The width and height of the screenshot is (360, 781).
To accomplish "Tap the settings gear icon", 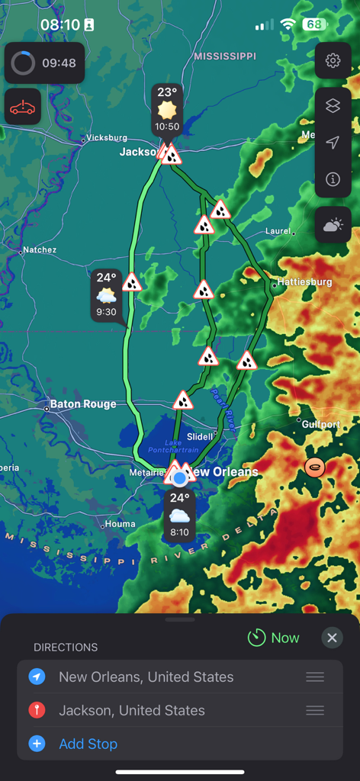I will pos(333,61).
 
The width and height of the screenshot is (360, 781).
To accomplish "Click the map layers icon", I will pos(333,106).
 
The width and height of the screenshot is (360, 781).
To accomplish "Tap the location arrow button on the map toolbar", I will pos(333,143).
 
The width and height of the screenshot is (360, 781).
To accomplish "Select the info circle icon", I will pos(333,179).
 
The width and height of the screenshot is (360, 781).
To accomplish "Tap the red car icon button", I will pos(23,108).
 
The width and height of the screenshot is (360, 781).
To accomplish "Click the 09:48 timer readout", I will pos(59,63).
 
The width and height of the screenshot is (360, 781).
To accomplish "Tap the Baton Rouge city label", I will pos(82,404).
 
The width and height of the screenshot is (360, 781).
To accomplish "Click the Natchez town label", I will pos(40,249).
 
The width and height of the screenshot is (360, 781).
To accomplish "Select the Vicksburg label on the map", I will pos(107,138).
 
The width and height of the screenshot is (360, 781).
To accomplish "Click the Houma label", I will pos(121,524).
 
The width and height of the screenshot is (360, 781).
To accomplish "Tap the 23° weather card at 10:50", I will pos(167,109).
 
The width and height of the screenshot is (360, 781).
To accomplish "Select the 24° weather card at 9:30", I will pos(107,294).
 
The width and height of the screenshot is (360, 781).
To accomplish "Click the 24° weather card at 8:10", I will pos(179,515).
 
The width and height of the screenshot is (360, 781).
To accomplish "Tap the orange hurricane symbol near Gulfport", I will pos(314,466).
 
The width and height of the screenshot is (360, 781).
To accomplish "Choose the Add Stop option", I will pos(88,744).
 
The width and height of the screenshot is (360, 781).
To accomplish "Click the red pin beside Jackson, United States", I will pos(37,710).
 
